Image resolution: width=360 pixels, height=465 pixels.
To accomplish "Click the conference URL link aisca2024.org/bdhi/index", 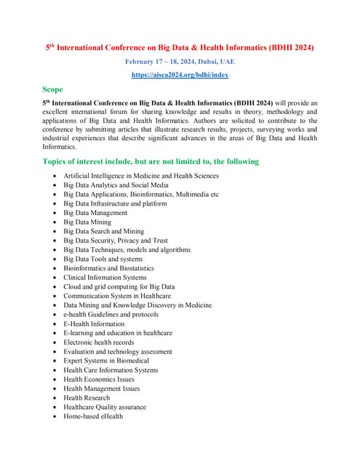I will click(x=180, y=75).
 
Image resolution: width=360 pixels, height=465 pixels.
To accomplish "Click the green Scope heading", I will click(x=53, y=89).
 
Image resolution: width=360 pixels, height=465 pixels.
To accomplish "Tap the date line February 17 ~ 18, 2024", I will click(x=180, y=62).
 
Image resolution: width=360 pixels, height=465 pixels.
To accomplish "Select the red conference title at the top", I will click(x=180, y=47).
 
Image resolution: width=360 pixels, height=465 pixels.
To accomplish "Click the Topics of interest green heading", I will click(x=151, y=161).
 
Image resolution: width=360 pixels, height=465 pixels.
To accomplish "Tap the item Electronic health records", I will click(x=99, y=342).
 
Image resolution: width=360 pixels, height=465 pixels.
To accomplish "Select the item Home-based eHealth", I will click(x=93, y=416).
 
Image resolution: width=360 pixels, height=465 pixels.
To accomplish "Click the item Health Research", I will click(x=87, y=397).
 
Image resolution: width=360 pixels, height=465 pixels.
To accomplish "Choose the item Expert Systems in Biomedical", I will click(x=106, y=360).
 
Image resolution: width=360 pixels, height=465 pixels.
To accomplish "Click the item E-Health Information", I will click(x=94, y=324).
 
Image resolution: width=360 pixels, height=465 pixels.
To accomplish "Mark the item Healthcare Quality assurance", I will click(x=105, y=407).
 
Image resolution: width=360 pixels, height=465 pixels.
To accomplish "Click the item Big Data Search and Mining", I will click(x=104, y=231).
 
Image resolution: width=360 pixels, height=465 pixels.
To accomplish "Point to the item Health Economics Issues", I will click(x=99, y=379).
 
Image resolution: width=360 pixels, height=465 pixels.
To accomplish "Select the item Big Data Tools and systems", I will click(x=103, y=259).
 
